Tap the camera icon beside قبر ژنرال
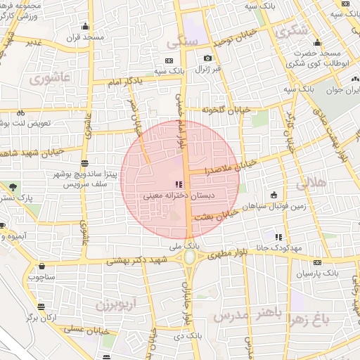tap(207, 58)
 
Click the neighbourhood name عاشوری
tap(50, 77)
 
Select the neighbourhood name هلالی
tap(311, 184)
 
